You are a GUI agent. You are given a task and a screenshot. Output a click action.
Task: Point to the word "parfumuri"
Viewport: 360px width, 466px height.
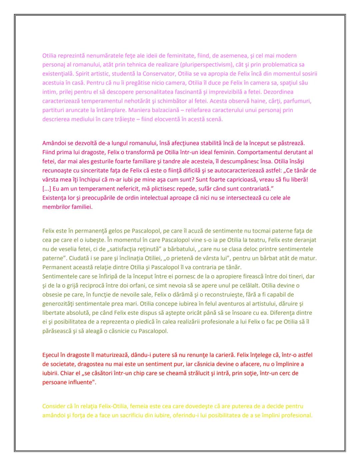click(x=299, y=101)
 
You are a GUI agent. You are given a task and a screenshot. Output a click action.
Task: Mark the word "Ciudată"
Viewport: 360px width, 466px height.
click(x=53, y=258)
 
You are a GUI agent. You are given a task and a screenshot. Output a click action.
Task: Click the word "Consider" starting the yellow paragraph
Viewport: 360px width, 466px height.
click(x=53, y=406)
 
